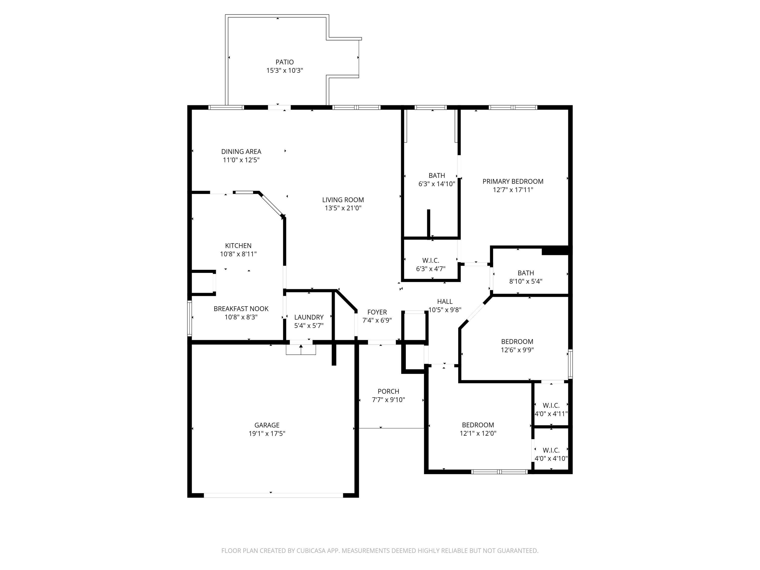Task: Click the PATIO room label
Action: (284, 62)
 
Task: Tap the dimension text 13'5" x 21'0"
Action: (343, 208)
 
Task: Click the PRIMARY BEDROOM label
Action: (513, 181)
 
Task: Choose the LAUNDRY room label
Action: (309, 317)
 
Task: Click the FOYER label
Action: (377, 312)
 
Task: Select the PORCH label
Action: (388, 391)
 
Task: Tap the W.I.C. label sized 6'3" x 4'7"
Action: (430, 260)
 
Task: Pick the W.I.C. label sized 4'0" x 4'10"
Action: (551, 450)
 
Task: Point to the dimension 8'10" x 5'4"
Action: (526, 281)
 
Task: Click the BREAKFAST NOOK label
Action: (241, 309)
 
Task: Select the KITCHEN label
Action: (238, 246)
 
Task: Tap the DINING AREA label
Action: (241, 151)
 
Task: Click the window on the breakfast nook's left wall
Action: (189, 318)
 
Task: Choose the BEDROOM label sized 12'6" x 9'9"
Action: (517, 341)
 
